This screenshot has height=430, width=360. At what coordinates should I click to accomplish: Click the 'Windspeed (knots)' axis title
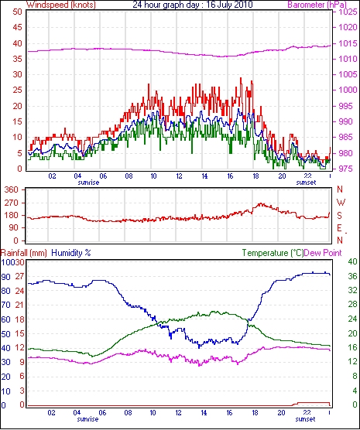coord(61,5)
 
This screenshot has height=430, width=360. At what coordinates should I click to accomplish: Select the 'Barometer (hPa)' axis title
coord(317,5)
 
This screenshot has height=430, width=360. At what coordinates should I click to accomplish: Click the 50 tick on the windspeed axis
coord(18,12)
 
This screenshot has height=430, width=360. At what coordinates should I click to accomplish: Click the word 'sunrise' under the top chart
coord(88,183)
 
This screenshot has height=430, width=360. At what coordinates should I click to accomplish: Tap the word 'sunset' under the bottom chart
coord(305,419)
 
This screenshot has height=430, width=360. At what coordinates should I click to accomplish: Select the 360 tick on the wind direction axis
coord(12,189)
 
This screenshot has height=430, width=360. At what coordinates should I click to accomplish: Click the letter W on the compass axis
coord(341,203)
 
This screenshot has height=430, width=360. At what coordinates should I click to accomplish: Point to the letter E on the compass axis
coord(340,228)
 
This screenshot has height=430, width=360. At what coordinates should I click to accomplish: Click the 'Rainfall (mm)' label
coord(24,253)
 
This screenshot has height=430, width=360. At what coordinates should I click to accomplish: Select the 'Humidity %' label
coord(71,253)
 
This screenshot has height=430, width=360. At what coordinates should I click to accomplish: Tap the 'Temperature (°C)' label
coord(273,253)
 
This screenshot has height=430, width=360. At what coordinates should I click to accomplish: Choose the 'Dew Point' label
coord(323,253)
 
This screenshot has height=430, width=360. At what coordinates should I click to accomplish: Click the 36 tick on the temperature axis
coord(352,276)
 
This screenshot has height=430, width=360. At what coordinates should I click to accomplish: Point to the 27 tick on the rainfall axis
coord(19,276)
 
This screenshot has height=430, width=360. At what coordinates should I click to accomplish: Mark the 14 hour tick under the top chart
coord(204,176)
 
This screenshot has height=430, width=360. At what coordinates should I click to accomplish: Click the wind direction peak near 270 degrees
coord(260,203)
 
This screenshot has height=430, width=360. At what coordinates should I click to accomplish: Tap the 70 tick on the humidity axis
coord(6,305)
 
